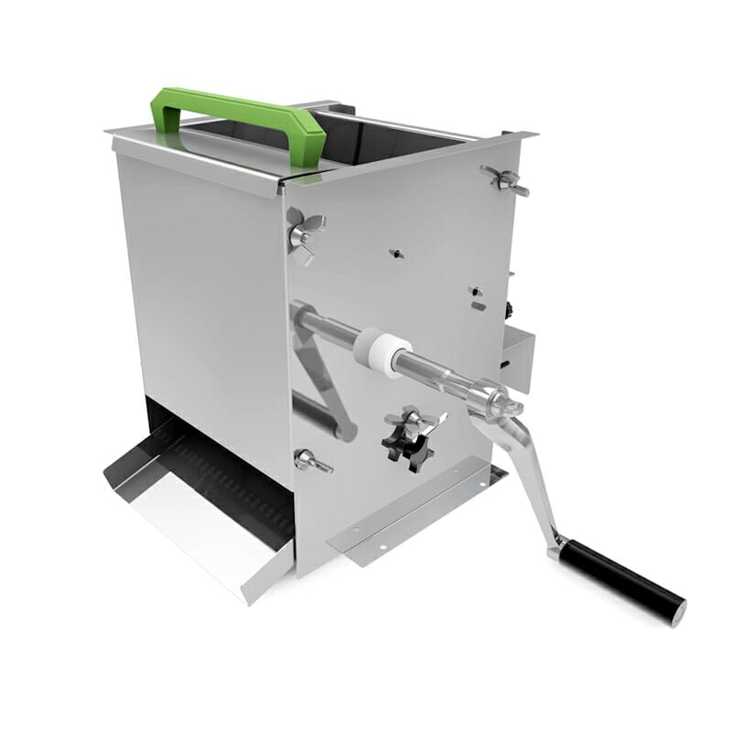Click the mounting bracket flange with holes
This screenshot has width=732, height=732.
[x=412, y=517]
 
